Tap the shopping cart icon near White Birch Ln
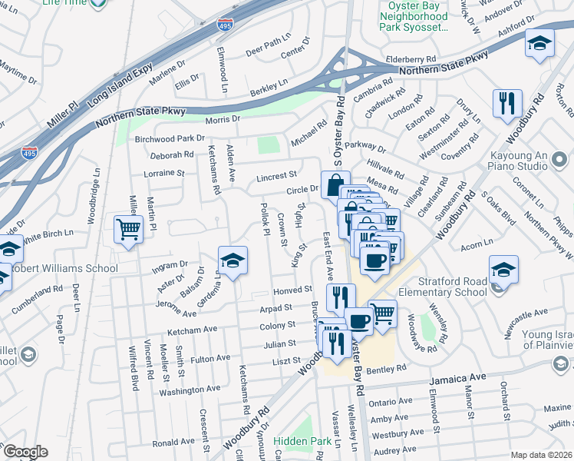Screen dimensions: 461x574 click(128, 228)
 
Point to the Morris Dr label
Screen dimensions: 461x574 click(223, 119)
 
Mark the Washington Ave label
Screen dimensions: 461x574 click(190, 391)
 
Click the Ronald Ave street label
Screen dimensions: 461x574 click(173, 443)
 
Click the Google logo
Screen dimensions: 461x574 click(25, 452)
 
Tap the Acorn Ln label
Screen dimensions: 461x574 click(477, 247)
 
